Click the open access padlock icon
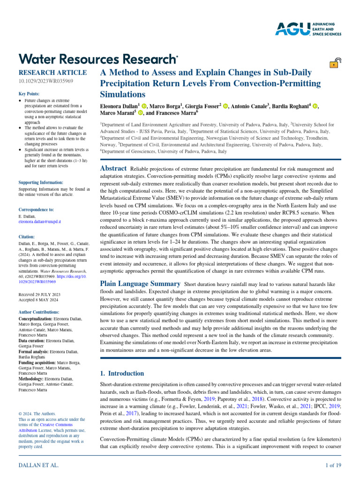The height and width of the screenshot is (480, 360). coord(335,64)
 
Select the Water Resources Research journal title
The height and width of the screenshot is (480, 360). coord(98,59)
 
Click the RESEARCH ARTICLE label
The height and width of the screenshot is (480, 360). coord(52,73)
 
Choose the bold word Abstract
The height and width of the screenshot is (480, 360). coord(114,169)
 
